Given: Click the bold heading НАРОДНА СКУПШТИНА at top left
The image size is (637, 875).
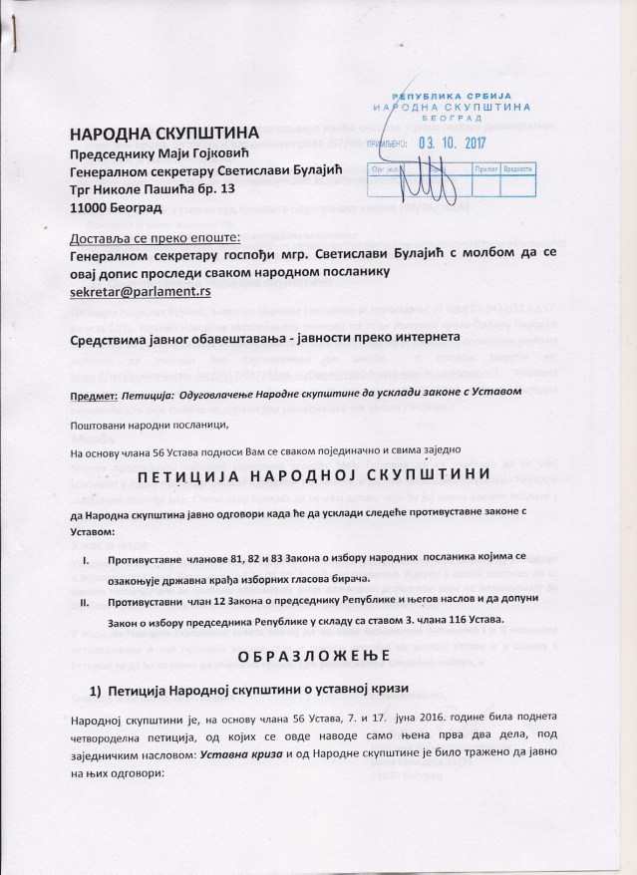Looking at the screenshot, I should tap(163, 133).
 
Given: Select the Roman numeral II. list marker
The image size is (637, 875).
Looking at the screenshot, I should tap(84, 604).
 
